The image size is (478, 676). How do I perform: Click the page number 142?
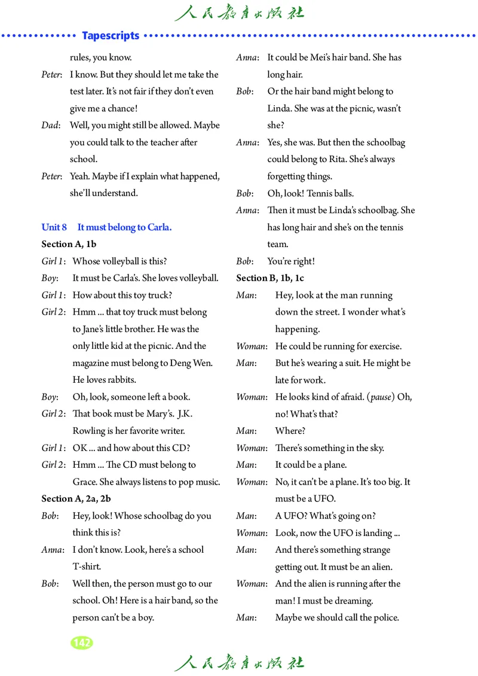81,643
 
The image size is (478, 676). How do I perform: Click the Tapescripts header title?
111,36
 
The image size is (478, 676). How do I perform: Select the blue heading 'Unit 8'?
54,227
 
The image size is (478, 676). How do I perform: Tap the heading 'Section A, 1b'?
69,244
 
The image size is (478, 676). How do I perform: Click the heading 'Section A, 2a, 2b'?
76,498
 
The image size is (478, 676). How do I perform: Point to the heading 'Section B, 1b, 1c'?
270,278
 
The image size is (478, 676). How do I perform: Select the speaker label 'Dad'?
50,126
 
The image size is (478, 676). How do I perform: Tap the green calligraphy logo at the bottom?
239,663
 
